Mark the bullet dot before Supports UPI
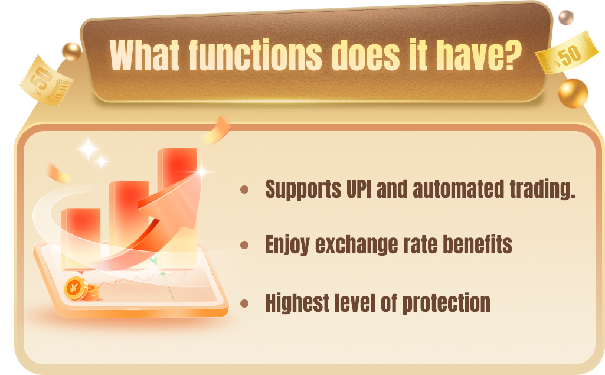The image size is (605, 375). [244, 190]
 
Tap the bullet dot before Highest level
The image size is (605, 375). [244, 304]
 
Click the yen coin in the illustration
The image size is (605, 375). [74, 288]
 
